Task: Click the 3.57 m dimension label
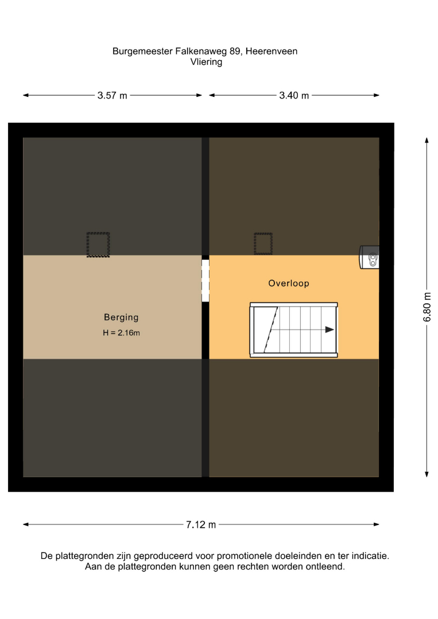pyautogui.click(x=113, y=96)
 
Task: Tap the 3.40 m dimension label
pyautogui.click(x=294, y=96)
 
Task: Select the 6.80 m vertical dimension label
pyautogui.click(x=427, y=307)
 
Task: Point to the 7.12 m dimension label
pyautogui.click(x=201, y=524)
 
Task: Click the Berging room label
pyautogui.click(x=121, y=318)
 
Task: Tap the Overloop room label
pyautogui.click(x=289, y=283)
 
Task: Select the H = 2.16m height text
pyautogui.click(x=121, y=333)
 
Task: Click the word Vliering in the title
pyautogui.click(x=206, y=62)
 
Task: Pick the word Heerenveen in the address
pyautogui.click(x=272, y=52)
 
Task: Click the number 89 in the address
pyautogui.click(x=235, y=52)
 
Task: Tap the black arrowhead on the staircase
pyautogui.click(x=330, y=330)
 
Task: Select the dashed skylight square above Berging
pyautogui.click(x=98, y=245)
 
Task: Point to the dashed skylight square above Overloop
pyautogui.click(x=263, y=244)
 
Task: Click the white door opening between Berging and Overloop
pyautogui.click(x=205, y=281)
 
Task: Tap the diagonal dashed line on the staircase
pyautogui.click(x=271, y=330)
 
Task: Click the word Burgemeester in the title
pyautogui.click(x=143, y=52)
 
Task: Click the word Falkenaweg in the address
pyautogui.click(x=201, y=52)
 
